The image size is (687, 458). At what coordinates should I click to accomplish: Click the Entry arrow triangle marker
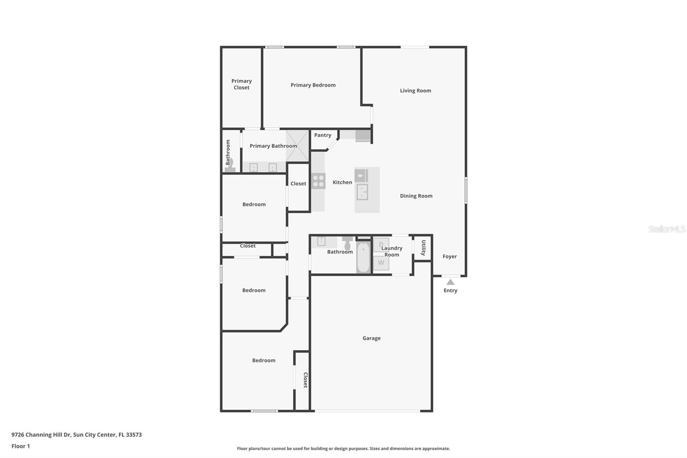(x=450, y=282)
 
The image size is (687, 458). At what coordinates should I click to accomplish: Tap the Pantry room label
(x=322, y=135)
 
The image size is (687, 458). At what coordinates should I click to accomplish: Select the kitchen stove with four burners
(x=318, y=181)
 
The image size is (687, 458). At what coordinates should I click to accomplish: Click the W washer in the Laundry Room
(x=381, y=263)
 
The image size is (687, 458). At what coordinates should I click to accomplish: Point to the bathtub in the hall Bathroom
(x=363, y=258)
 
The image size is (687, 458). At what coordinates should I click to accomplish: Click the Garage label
(x=371, y=338)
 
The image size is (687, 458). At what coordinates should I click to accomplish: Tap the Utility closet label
(x=423, y=247)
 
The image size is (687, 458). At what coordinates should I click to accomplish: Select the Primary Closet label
(x=241, y=84)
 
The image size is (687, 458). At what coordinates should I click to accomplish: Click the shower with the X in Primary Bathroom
(x=298, y=146)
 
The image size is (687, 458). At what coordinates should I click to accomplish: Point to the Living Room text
(x=415, y=91)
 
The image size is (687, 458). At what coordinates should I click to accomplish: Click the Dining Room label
(x=416, y=196)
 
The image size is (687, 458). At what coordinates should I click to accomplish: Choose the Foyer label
(x=450, y=256)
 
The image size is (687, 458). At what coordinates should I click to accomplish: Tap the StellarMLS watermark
(x=666, y=229)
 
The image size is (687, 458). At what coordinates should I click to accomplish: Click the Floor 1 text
(x=21, y=446)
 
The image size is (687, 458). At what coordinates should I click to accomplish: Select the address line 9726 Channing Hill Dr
(x=76, y=434)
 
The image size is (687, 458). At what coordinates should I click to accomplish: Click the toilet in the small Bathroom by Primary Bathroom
(x=230, y=165)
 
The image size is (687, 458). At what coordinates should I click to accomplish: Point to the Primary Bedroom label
(x=313, y=85)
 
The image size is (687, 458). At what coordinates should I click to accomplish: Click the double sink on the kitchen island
(x=362, y=192)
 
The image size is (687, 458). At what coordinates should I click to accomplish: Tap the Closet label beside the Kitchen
(x=298, y=183)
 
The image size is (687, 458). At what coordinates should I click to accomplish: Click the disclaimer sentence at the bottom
(x=343, y=449)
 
